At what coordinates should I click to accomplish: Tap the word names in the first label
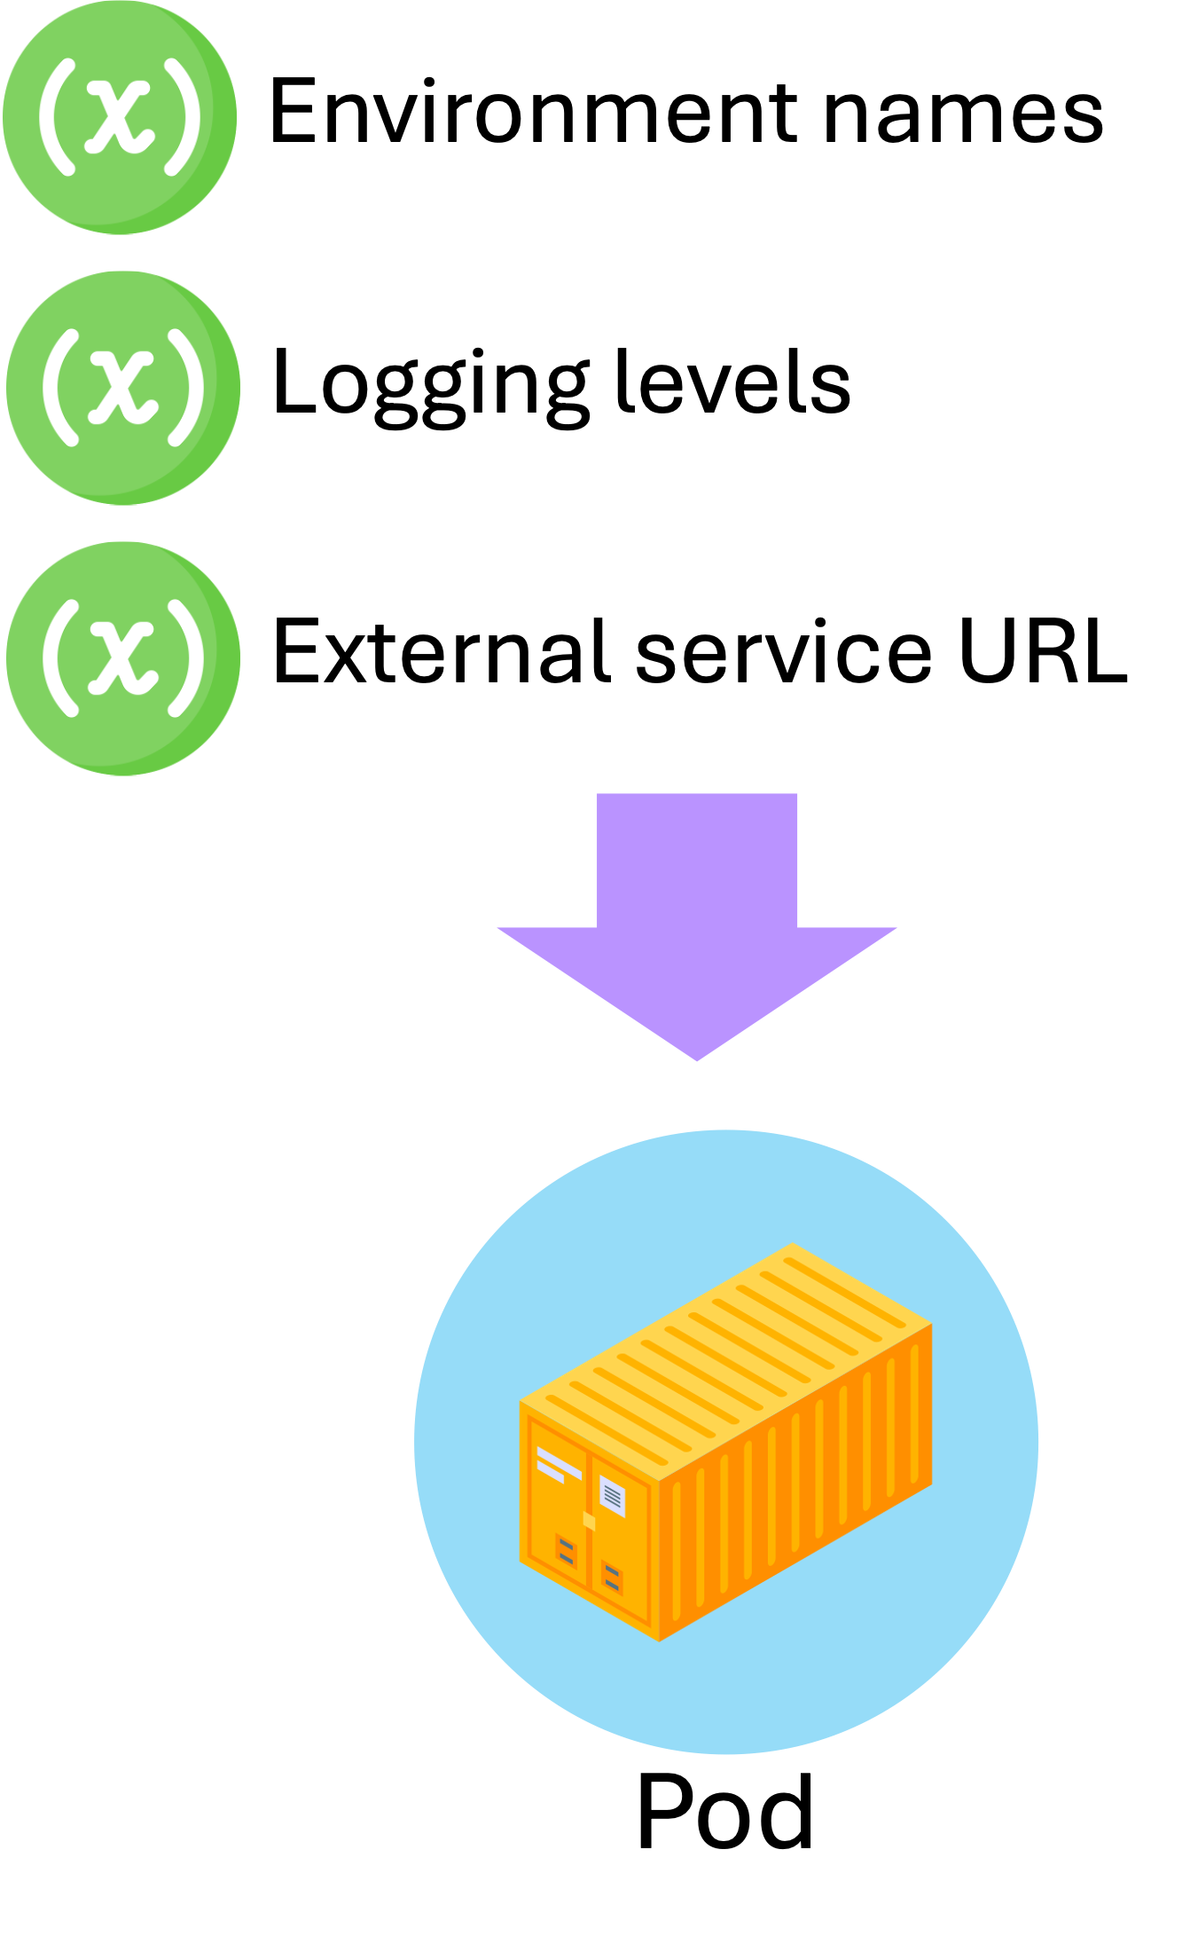pyautogui.click(x=963, y=114)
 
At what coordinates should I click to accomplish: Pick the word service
pyautogui.click(x=784, y=654)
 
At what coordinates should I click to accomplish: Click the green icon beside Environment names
pyautogui.click(x=119, y=117)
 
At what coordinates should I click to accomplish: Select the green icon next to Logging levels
pyautogui.click(x=122, y=388)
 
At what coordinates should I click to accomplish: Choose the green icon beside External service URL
pyautogui.click(x=122, y=658)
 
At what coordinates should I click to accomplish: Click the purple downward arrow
pyautogui.click(x=697, y=914)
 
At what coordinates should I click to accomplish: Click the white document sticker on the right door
pyautogui.click(x=612, y=1495)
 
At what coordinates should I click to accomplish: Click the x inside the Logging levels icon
pyautogui.click(x=122, y=388)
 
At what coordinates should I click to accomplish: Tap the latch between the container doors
pyautogui.click(x=589, y=1521)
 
